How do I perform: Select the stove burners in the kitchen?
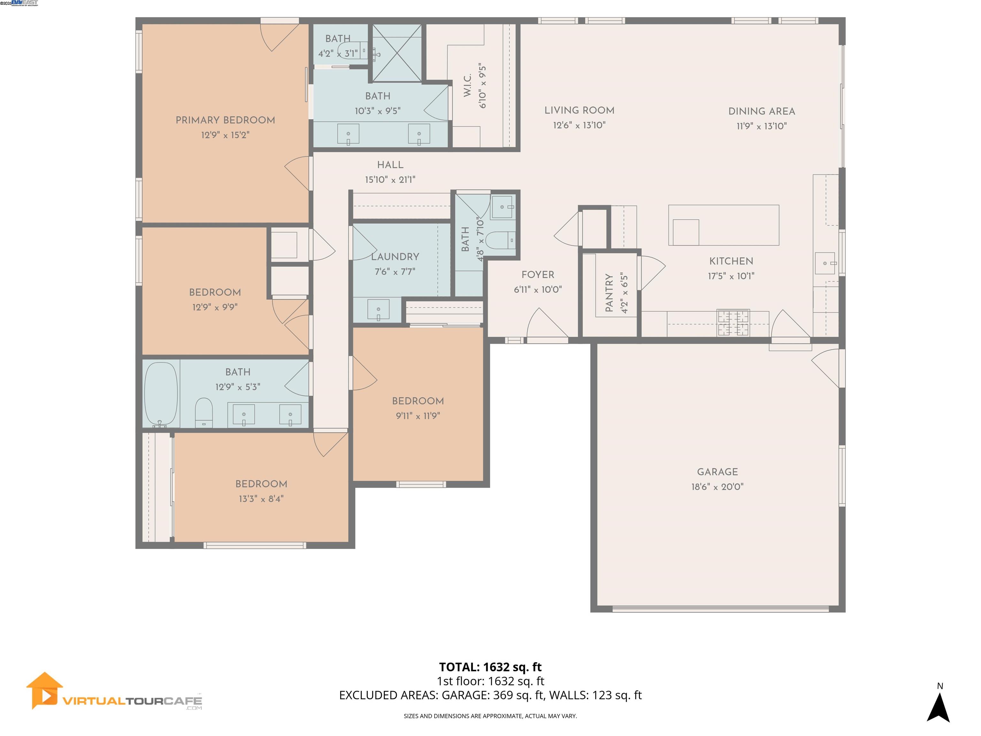click(x=733, y=323)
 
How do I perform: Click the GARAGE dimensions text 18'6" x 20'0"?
click(x=717, y=487)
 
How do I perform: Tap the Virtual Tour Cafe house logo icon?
click(x=43, y=690)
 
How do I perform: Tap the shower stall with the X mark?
click(x=397, y=53)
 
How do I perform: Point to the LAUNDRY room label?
click(x=395, y=257)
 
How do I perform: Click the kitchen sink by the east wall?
click(x=825, y=263)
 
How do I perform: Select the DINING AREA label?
click(x=762, y=111)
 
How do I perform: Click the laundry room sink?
click(x=378, y=309)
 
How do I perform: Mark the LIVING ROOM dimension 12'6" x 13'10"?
click(x=579, y=126)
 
